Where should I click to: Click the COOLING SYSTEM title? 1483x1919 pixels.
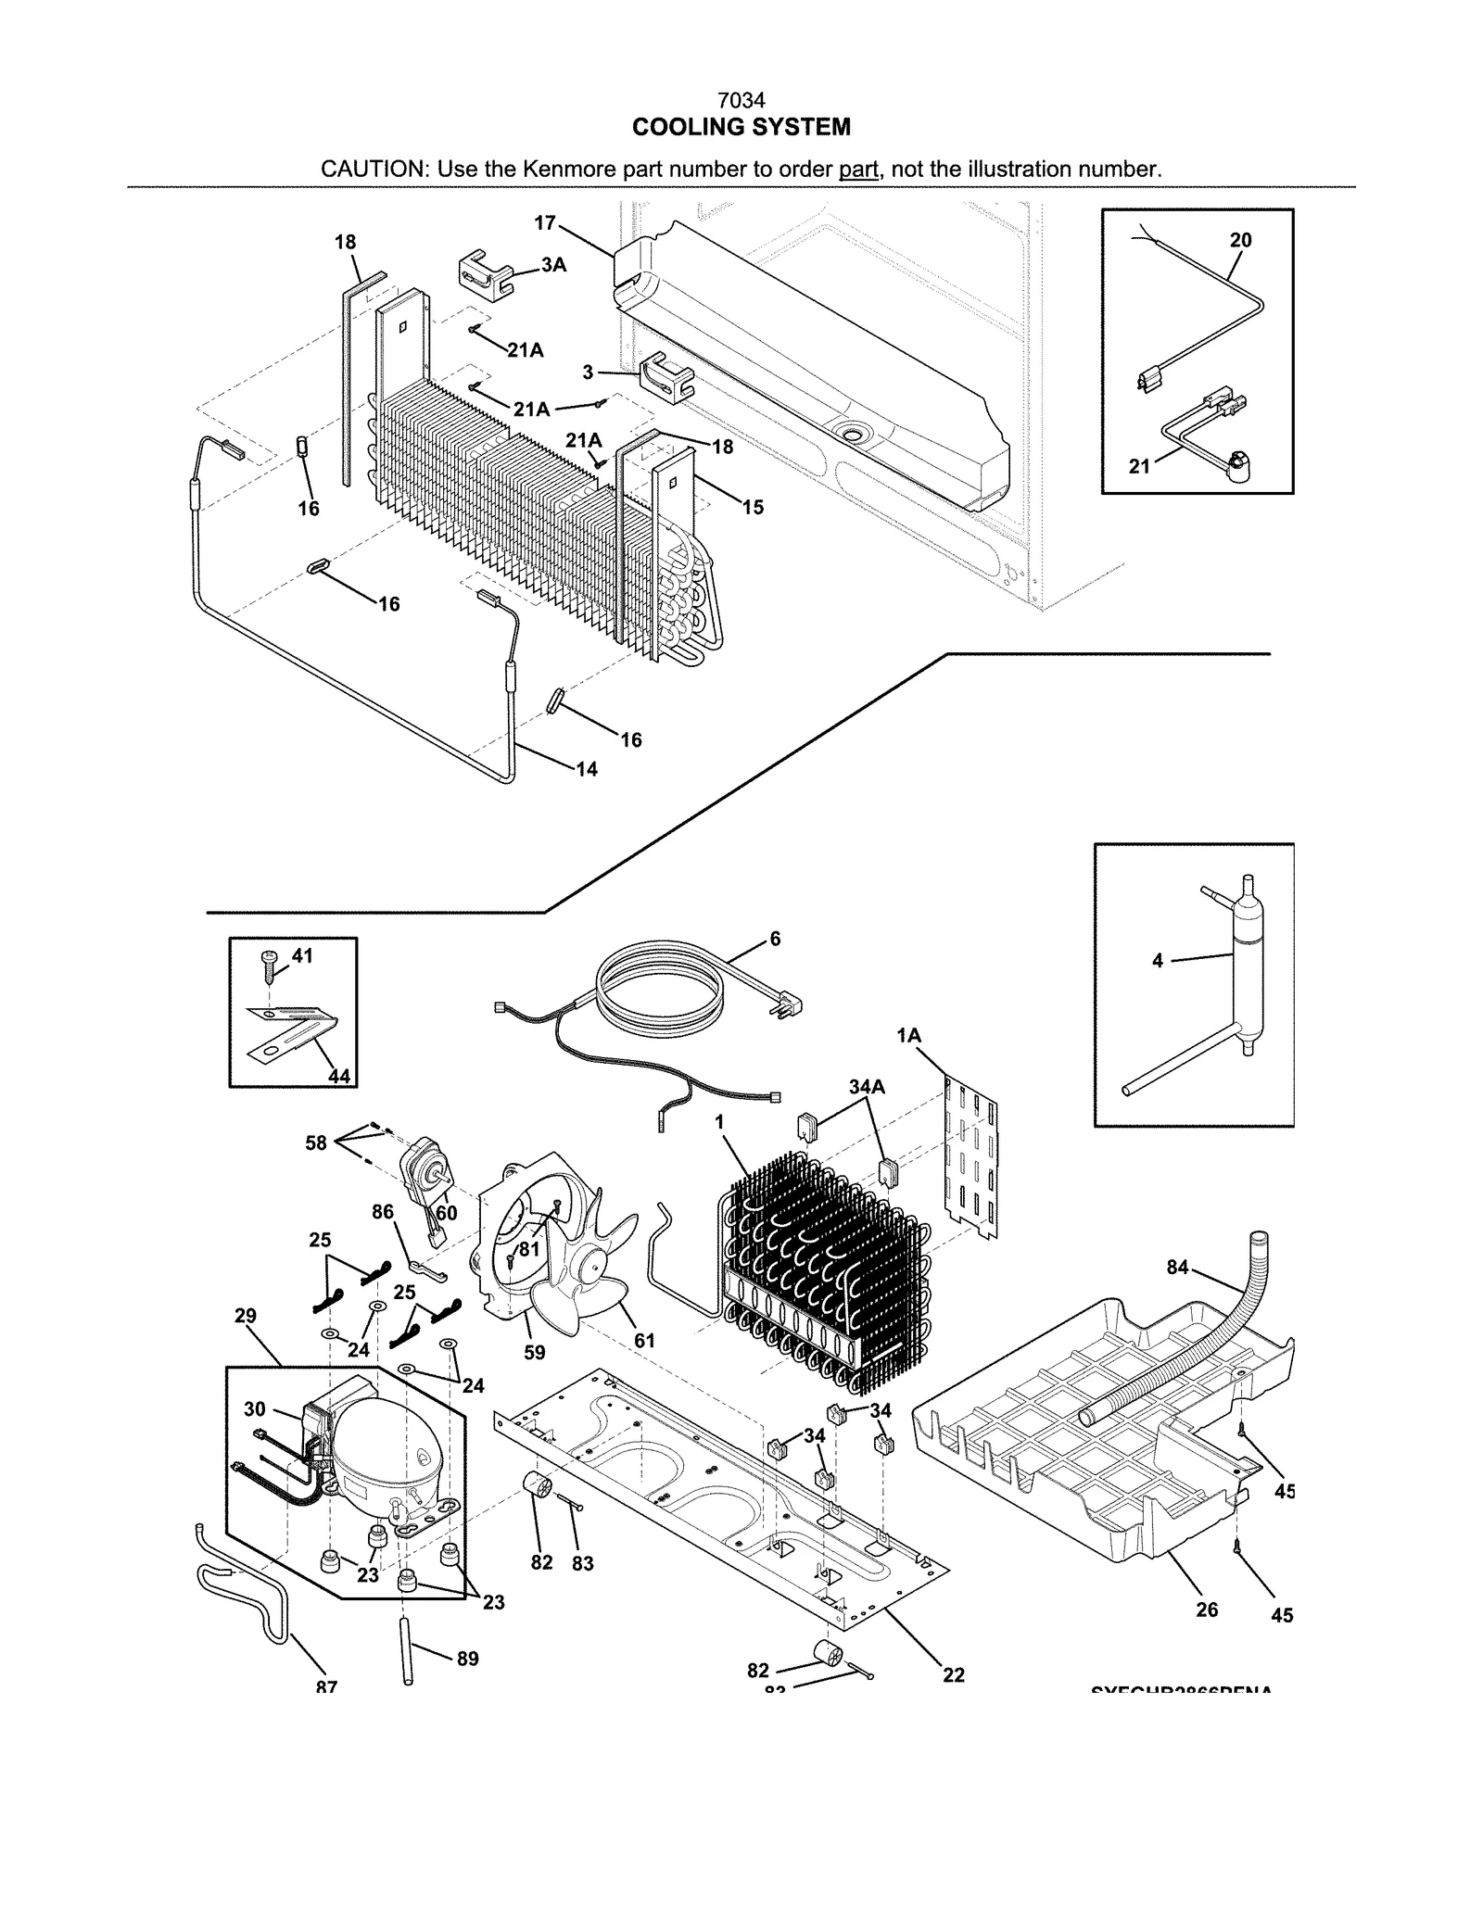tap(741, 127)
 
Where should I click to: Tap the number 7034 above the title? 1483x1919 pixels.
tap(741, 100)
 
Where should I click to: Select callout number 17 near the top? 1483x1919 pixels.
tap(545, 223)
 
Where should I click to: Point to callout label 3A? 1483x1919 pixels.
tap(554, 265)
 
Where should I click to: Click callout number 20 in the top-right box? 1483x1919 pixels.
tap(1240, 240)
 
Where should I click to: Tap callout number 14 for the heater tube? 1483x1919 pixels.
tap(587, 769)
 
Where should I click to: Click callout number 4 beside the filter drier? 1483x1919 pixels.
tap(1158, 961)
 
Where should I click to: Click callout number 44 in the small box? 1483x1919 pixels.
tap(339, 1076)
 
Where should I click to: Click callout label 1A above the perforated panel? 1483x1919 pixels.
tap(909, 1036)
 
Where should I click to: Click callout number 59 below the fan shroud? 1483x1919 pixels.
tap(535, 1352)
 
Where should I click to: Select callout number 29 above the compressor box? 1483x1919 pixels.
tap(246, 1316)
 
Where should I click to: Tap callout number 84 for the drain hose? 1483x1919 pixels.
tap(1177, 1267)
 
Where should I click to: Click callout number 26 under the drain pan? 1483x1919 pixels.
tap(1207, 1610)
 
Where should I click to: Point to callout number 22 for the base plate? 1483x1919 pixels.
tap(954, 1675)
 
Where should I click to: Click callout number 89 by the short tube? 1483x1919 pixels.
tap(468, 1659)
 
